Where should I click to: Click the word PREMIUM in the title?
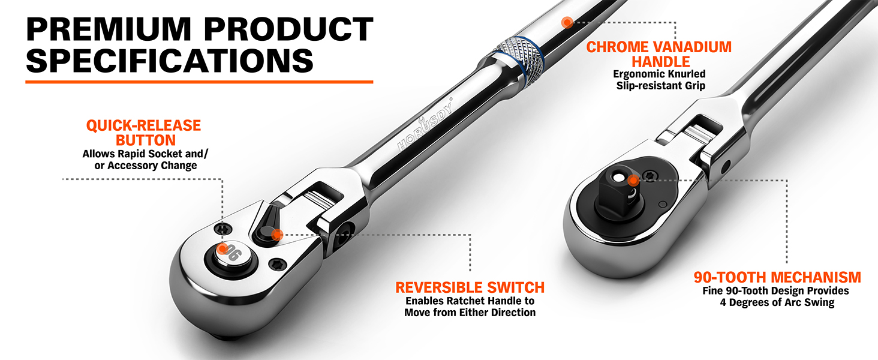point(109,29)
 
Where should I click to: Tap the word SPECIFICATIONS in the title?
point(170,61)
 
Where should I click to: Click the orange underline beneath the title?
point(199,82)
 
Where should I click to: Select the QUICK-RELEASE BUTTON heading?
point(144,133)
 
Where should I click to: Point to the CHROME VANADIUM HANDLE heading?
point(659,55)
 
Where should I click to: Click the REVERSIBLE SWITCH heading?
point(470,287)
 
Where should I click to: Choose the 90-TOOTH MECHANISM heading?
point(777,277)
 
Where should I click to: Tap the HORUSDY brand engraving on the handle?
point(425,124)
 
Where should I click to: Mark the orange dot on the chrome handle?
point(567,22)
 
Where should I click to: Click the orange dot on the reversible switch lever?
point(277,235)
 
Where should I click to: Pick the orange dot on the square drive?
point(633,181)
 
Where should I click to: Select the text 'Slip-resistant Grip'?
point(660,85)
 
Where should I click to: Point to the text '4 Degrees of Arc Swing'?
point(777,302)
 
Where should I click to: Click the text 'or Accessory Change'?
point(145,166)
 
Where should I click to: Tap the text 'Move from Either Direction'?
point(470,313)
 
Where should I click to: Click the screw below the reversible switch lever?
point(278,265)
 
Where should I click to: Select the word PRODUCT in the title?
point(288,29)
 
